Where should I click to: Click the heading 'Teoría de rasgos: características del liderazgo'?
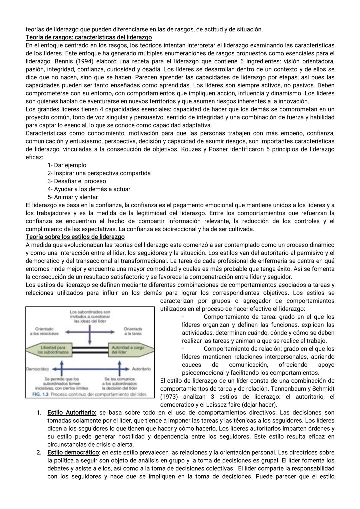[x=89, y=37]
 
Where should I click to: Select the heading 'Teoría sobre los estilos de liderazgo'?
[x=75, y=237]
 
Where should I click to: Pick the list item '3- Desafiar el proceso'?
[x=77, y=181]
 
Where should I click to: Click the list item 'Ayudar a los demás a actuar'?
[x=92, y=189]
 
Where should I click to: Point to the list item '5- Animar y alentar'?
[x=73, y=197]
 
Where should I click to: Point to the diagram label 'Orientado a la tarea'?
[x=133, y=331]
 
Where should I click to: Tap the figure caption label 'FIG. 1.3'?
[x=40, y=394]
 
